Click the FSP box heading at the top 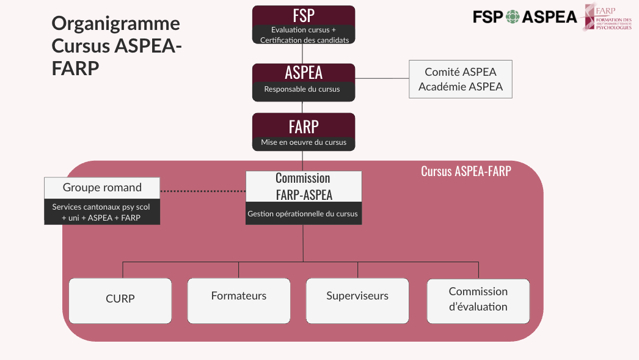[304, 15]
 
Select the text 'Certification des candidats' [304, 40]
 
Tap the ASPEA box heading [304, 73]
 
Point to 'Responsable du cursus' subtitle [302, 89]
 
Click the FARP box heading [304, 127]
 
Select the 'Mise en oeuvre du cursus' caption [304, 142]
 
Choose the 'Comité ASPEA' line [460, 72]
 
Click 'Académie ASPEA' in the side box [460, 87]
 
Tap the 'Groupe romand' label [102, 188]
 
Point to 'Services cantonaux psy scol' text [101, 207]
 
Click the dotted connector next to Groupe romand [203, 191]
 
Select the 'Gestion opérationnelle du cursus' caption [303, 214]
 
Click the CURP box [120, 299]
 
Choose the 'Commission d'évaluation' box [478, 299]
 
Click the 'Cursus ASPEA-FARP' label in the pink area [466, 171]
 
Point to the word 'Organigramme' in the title [116, 23]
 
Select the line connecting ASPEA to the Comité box [382, 79]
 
